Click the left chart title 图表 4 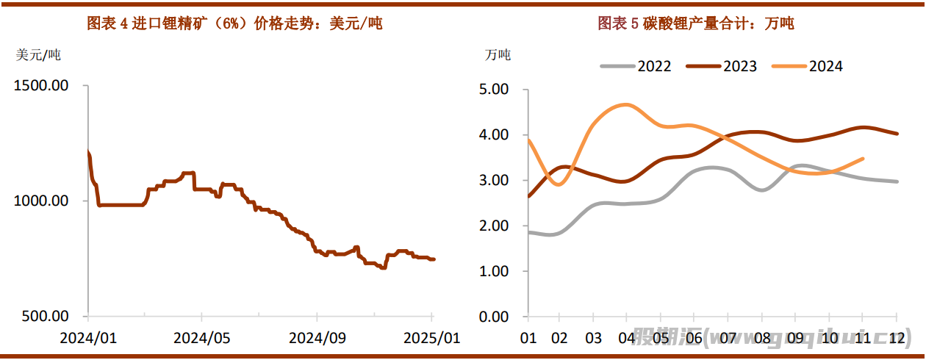tap(234, 24)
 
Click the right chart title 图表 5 tap(695, 24)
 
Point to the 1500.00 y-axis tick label tap(41, 85)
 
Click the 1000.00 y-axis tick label tap(41, 201)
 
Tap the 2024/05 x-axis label tap(201, 339)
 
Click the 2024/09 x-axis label tap(317, 339)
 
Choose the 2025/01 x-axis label tap(431, 339)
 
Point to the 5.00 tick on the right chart tap(494, 90)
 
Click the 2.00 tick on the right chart tap(494, 226)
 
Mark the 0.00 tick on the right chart tap(494, 317)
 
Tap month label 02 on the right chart tap(560, 339)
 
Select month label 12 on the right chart tap(896, 339)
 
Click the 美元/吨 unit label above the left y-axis tap(38, 54)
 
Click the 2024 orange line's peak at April tap(625, 104)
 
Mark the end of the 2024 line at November tap(863, 158)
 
